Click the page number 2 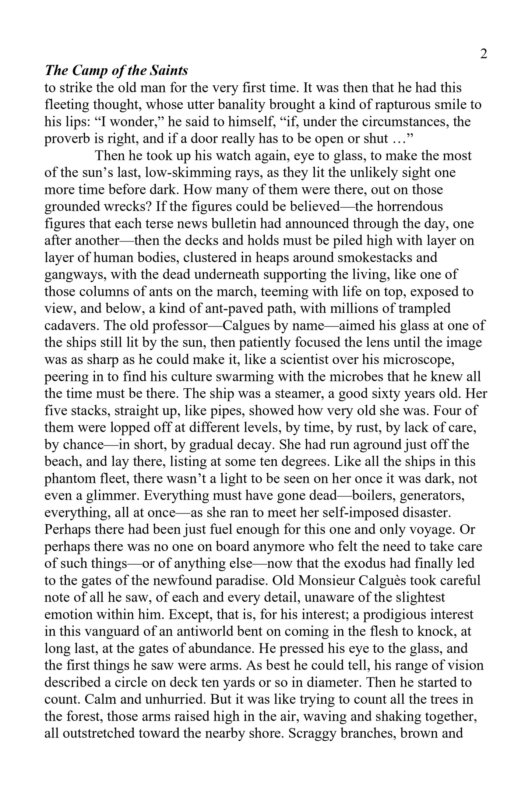click(x=484, y=54)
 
